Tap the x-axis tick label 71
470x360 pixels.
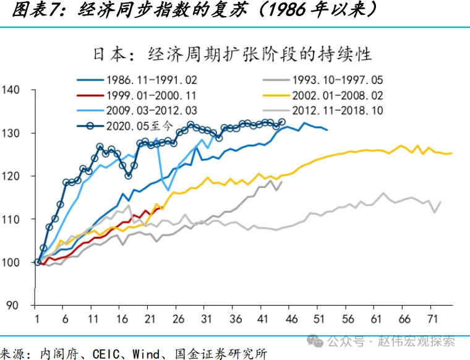[x=433, y=319]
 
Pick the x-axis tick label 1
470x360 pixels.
[x=37, y=319]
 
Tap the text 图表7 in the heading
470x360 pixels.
[x=40, y=11]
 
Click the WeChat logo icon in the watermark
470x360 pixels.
[x=315, y=341]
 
